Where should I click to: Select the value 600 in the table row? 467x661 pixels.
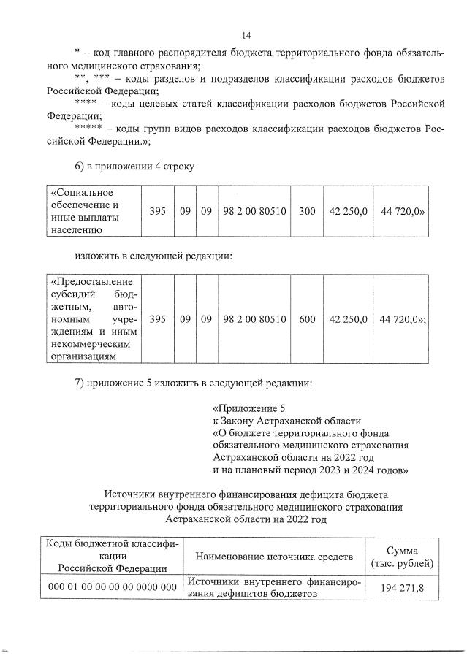[307, 318]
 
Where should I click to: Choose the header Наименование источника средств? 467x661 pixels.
[274, 557]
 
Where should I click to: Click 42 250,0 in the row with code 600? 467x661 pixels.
[348, 318]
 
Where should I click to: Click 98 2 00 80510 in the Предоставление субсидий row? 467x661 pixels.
[254, 318]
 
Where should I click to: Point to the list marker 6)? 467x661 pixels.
[81, 165]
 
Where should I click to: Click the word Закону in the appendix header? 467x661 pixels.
[238, 420]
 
